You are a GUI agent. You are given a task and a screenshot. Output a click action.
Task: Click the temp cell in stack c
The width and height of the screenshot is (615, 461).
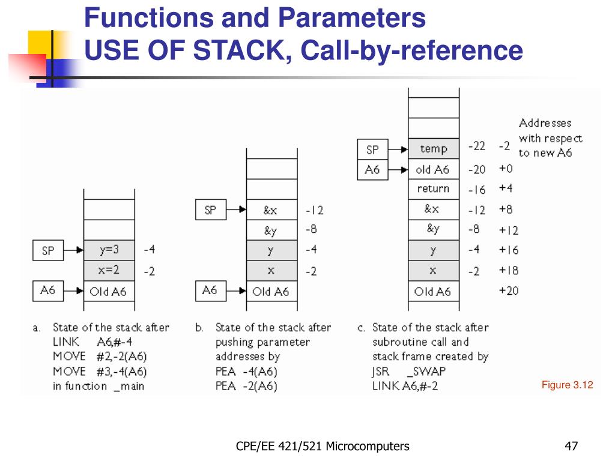pos(433,149)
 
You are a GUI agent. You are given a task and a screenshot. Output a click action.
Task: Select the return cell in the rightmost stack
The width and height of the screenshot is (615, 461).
pos(433,188)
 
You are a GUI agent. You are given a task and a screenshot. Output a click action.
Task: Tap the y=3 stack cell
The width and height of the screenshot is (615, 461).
pos(109,250)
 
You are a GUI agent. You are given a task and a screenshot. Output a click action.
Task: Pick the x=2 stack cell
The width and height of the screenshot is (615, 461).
pos(109,270)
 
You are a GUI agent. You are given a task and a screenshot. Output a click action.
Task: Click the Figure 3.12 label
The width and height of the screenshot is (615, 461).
pos(567,385)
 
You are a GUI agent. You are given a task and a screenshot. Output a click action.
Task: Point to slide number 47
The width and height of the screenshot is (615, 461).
pos(571,446)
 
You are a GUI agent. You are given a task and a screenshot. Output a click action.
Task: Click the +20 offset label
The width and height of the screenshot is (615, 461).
pos(508,291)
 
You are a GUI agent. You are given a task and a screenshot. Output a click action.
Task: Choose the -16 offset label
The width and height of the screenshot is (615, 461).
pos(477,190)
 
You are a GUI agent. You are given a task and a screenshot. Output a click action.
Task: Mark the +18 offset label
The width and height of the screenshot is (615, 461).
pos(508,270)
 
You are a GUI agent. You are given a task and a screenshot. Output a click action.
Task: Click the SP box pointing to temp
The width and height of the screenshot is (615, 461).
pos(372,149)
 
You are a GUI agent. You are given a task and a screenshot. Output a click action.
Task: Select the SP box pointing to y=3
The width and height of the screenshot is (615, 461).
pos(47,250)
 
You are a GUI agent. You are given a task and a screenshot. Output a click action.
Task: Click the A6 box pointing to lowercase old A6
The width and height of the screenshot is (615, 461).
pos(372,170)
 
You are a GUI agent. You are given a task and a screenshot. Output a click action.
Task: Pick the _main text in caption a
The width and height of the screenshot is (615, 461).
pos(129,386)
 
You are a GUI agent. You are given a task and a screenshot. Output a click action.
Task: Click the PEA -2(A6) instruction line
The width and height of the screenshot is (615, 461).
pos(246,386)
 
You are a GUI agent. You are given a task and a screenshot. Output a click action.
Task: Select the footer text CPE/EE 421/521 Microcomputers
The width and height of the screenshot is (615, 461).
pos(323,446)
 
